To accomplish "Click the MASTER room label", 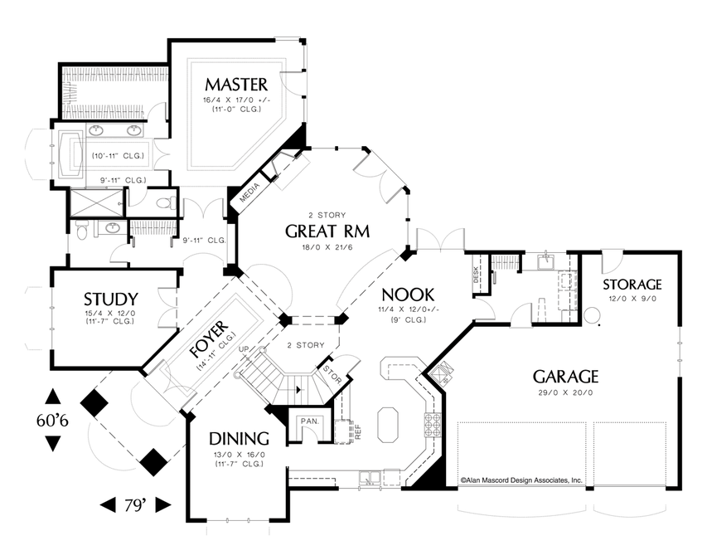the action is (236, 85).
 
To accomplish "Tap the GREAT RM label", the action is (327, 231).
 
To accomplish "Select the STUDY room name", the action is (111, 299).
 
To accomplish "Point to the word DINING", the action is (239, 439).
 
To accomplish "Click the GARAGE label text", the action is (565, 377).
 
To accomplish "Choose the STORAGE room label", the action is (632, 285).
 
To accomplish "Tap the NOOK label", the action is (408, 295).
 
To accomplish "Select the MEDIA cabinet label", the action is (249, 192).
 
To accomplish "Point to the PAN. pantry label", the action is (310, 421).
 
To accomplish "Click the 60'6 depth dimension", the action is (52, 421).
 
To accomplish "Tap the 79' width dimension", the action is (135, 505).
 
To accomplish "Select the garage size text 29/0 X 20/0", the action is (565, 392).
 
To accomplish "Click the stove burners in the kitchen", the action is (433, 425).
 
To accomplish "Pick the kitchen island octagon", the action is (387, 425).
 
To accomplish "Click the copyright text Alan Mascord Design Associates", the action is (521, 480).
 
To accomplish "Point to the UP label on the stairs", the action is (244, 348).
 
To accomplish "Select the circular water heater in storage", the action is (592, 315).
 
